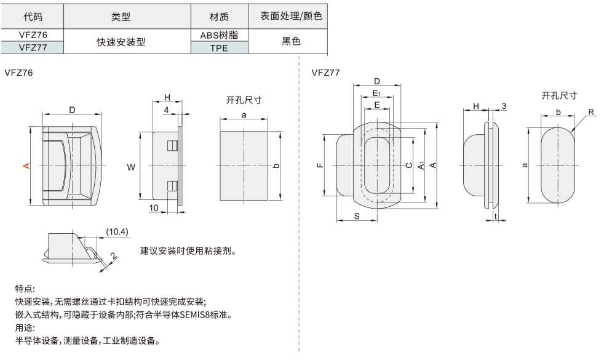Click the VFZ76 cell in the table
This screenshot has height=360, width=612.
[32, 36]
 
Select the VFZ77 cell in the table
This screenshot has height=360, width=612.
[32, 47]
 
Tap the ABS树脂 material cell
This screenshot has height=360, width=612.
[219, 36]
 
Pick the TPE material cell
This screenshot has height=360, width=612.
[219, 47]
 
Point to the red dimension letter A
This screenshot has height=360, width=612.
[26, 166]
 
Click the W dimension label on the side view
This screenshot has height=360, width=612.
[130, 167]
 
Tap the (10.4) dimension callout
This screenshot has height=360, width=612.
[117, 232]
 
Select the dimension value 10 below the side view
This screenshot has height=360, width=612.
[154, 208]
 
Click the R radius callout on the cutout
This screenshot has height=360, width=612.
[590, 112]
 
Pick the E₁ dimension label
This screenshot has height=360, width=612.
[377, 93]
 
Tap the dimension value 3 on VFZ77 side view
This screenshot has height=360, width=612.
[503, 106]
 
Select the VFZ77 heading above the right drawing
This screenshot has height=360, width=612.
[325, 73]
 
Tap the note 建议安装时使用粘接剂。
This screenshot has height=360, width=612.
[189, 251]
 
